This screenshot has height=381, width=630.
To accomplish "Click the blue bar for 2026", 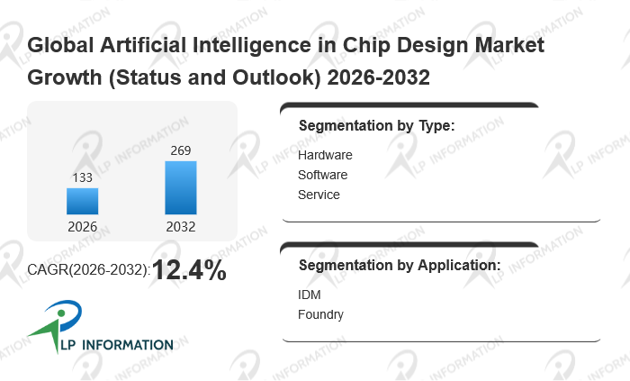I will click(82, 201).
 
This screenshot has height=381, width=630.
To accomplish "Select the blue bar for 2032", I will click(180, 187).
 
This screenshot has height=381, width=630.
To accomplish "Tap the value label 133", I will click(82, 178).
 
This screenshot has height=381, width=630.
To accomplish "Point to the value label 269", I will click(180, 150).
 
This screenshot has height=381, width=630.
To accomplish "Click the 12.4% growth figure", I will click(189, 269).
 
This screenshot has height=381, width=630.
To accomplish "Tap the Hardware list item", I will click(325, 155).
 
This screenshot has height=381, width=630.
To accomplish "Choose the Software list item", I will click(322, 175).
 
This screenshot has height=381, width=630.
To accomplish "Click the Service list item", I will click(319, 195).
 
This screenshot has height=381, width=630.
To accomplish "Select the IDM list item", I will click(309, 295).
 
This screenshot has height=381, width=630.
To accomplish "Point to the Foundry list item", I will click(320, 314).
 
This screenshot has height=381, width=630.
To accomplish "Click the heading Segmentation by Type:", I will click(376, 125).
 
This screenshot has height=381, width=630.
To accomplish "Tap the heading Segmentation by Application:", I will click(400, 266).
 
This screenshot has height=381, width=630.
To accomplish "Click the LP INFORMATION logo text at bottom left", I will click(116, 345).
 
